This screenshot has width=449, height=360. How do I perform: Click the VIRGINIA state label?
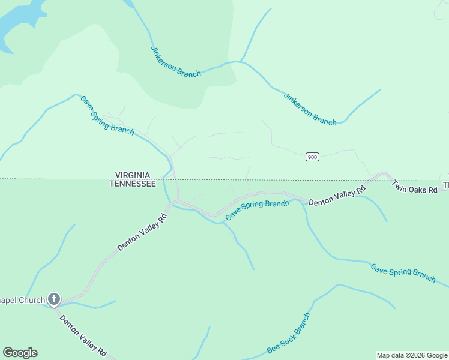tap(133, 175)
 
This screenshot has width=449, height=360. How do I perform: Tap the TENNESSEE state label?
tap(133, 184)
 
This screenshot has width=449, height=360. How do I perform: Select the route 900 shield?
tap(312, 157)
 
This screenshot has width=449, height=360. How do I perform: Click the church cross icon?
tap(54, 299)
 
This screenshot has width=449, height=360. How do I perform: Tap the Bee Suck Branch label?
tap(289, 333)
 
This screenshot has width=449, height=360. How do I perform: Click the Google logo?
tap(20, 353)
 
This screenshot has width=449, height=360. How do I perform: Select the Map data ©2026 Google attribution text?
tap(412, 355)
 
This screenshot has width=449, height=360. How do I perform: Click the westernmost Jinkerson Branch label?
tap(175, 62)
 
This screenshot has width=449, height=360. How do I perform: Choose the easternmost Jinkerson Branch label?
tap(310, 109)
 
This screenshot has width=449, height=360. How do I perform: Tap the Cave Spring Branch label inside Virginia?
tap(107, 115)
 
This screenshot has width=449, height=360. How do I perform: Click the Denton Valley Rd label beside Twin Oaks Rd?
tap(337, 197)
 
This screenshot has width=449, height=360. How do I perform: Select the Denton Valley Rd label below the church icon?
tap(83, 335)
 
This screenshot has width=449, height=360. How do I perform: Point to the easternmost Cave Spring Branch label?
tap(403, 272)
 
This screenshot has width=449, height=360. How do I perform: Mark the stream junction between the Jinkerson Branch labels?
tap(241, 61)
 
